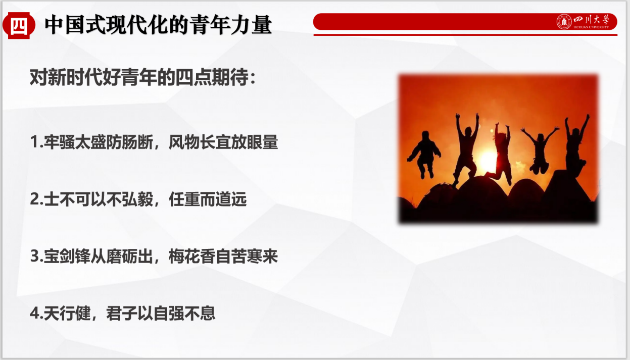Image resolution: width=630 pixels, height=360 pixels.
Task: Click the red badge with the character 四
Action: coord(19,25)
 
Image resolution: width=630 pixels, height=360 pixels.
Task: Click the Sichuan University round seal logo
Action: coord(564,22)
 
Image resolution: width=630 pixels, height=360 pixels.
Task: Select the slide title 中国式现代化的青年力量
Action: coord(158,25)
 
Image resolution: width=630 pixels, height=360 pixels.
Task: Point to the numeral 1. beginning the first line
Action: coord(36,142)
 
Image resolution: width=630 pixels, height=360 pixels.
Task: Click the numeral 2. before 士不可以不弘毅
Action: coord(36,199)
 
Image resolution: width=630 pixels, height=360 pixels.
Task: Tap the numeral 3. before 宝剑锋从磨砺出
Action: coord(36,256)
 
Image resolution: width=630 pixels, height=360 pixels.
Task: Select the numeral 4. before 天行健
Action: coord(36,314)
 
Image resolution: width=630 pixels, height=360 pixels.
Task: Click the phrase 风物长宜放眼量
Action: coord(223,142)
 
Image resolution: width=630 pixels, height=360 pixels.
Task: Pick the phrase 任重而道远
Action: coord(208,199)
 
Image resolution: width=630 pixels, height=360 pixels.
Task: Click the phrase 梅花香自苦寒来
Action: coord(223,256)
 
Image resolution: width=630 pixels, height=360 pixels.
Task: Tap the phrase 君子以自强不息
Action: coord(161,314)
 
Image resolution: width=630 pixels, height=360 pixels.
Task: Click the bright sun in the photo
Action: coord(488,160)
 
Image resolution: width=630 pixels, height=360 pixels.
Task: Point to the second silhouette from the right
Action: coord(540,149)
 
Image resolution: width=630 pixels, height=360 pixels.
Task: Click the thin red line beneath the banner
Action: coord(465,35)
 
